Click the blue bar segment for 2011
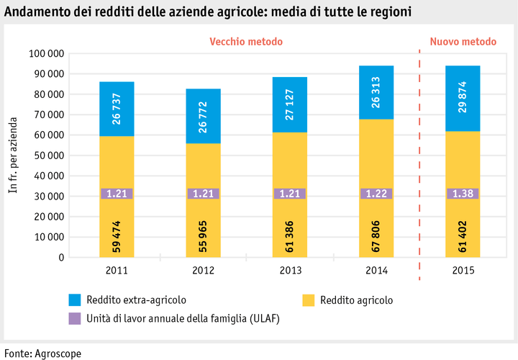pyautogui.click(x=117, y=108)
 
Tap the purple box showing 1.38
pyautogui.click(x=463, y=194)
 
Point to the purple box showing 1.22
pyautogui.click(x=376, y=194)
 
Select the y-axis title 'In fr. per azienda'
pyautogui.click(x=12, y=155)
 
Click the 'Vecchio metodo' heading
pyautogui.click(x=246, y=42)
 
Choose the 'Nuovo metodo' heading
pyautogui.click(x=463, y=42)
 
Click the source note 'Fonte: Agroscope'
pyautogui.click(x=43, y=353)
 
